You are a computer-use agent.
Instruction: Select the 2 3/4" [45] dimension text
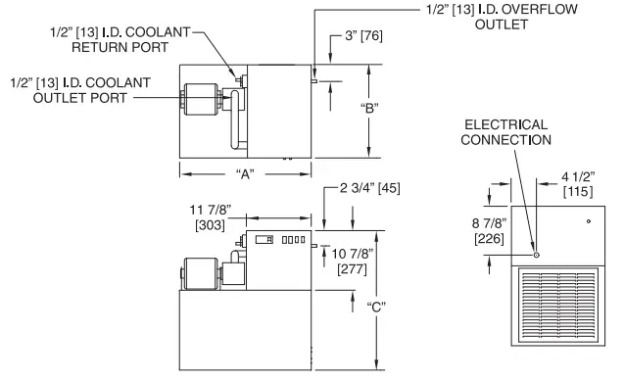click(369, 195)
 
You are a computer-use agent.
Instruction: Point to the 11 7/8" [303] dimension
click(209, 216)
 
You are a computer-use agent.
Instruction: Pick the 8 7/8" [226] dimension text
click(489, 230)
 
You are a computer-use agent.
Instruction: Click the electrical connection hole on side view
click(536, 255)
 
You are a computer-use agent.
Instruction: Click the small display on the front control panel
click(264, 240)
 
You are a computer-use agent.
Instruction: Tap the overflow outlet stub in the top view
click(313, 81)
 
